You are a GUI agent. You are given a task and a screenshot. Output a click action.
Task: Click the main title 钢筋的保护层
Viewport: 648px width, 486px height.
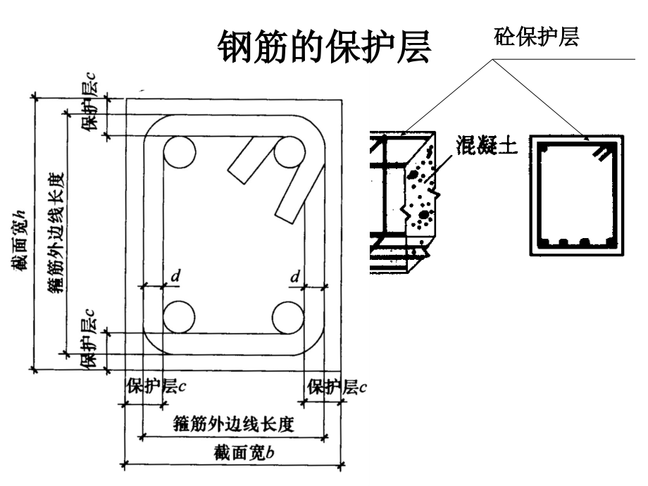(325, 46)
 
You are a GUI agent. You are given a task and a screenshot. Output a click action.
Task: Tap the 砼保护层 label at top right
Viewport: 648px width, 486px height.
(536, 37)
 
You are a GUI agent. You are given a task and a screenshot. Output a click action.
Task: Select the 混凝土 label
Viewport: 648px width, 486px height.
(487, 145)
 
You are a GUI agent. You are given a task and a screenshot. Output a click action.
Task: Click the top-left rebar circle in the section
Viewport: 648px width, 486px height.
(180, 152)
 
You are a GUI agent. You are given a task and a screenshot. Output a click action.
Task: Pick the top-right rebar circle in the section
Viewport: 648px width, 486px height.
(289, 152)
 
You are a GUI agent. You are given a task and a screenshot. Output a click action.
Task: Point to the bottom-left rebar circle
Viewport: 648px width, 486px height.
(179, 317)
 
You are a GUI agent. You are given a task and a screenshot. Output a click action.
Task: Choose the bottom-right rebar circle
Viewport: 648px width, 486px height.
(289, 318)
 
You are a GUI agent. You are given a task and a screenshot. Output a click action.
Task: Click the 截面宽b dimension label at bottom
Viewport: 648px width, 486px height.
(244, 453)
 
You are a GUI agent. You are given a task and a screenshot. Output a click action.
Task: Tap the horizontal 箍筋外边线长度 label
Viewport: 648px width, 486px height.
(234, 425)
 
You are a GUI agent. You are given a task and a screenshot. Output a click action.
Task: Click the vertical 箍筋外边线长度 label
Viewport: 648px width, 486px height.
(56, 234)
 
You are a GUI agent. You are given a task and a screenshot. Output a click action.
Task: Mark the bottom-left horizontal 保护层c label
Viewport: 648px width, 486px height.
(156, 387)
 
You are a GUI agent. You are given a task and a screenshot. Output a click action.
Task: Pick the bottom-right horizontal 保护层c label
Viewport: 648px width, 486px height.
(337, 387)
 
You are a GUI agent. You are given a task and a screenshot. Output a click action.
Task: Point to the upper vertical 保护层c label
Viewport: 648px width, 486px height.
(89, 102)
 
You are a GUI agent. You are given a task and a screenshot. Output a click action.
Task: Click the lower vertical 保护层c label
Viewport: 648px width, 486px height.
(89, 339)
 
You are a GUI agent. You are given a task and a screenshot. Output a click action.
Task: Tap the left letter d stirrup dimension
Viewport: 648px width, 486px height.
(175, 276)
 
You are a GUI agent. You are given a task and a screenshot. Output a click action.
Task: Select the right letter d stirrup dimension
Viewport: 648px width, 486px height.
(294, 276)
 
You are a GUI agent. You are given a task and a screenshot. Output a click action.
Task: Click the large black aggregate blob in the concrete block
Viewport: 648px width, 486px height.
(424, 215)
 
